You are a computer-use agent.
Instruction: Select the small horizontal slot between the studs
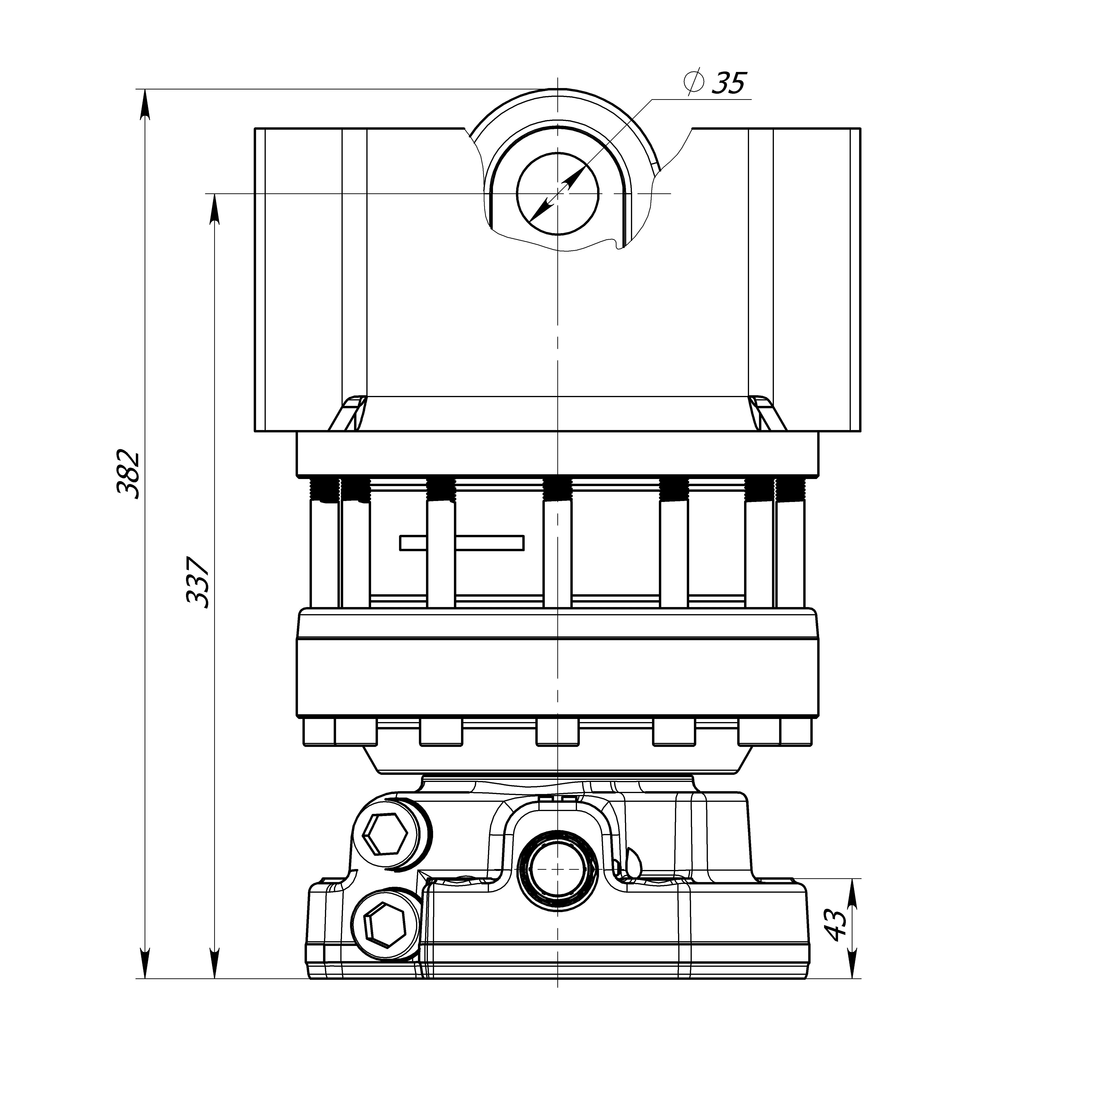(x=462, y=543)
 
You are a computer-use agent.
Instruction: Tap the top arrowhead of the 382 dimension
(x=145, y=104)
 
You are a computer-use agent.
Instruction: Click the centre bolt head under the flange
(x=557, y=732)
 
